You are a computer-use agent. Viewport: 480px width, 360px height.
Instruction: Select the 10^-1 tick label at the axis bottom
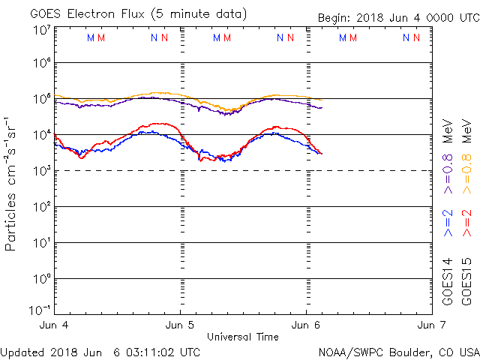(x=40, y=310)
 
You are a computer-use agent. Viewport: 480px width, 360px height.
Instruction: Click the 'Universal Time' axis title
(x=243, y=337)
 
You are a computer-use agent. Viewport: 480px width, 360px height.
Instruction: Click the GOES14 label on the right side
(x=448, y=280)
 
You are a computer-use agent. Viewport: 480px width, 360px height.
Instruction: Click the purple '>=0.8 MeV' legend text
(x=448, y=154)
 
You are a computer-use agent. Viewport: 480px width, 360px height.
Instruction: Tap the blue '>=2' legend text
(x=448, y=223)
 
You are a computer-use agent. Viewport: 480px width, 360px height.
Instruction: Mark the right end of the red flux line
(x=322, y=154)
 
